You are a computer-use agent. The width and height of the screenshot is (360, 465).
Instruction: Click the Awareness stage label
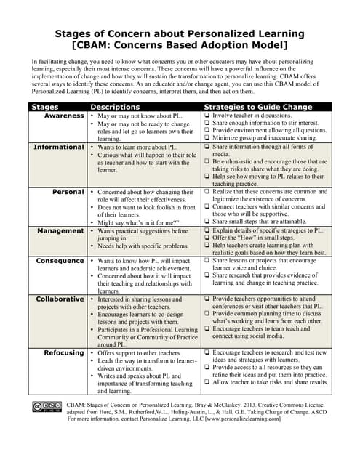tap(64, 116)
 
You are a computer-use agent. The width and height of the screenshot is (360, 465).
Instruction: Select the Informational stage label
tap(60, 147)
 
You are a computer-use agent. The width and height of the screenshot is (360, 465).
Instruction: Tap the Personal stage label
tap(69, 192)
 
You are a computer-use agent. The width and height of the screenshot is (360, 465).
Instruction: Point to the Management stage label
tap(61, 230)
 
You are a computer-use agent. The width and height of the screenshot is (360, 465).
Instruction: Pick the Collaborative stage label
tap(60, 299)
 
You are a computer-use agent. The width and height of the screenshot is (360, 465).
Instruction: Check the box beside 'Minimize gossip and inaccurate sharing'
tap(208, 138)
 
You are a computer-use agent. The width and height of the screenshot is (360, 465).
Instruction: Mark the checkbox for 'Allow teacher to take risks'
tap(208, 382)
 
